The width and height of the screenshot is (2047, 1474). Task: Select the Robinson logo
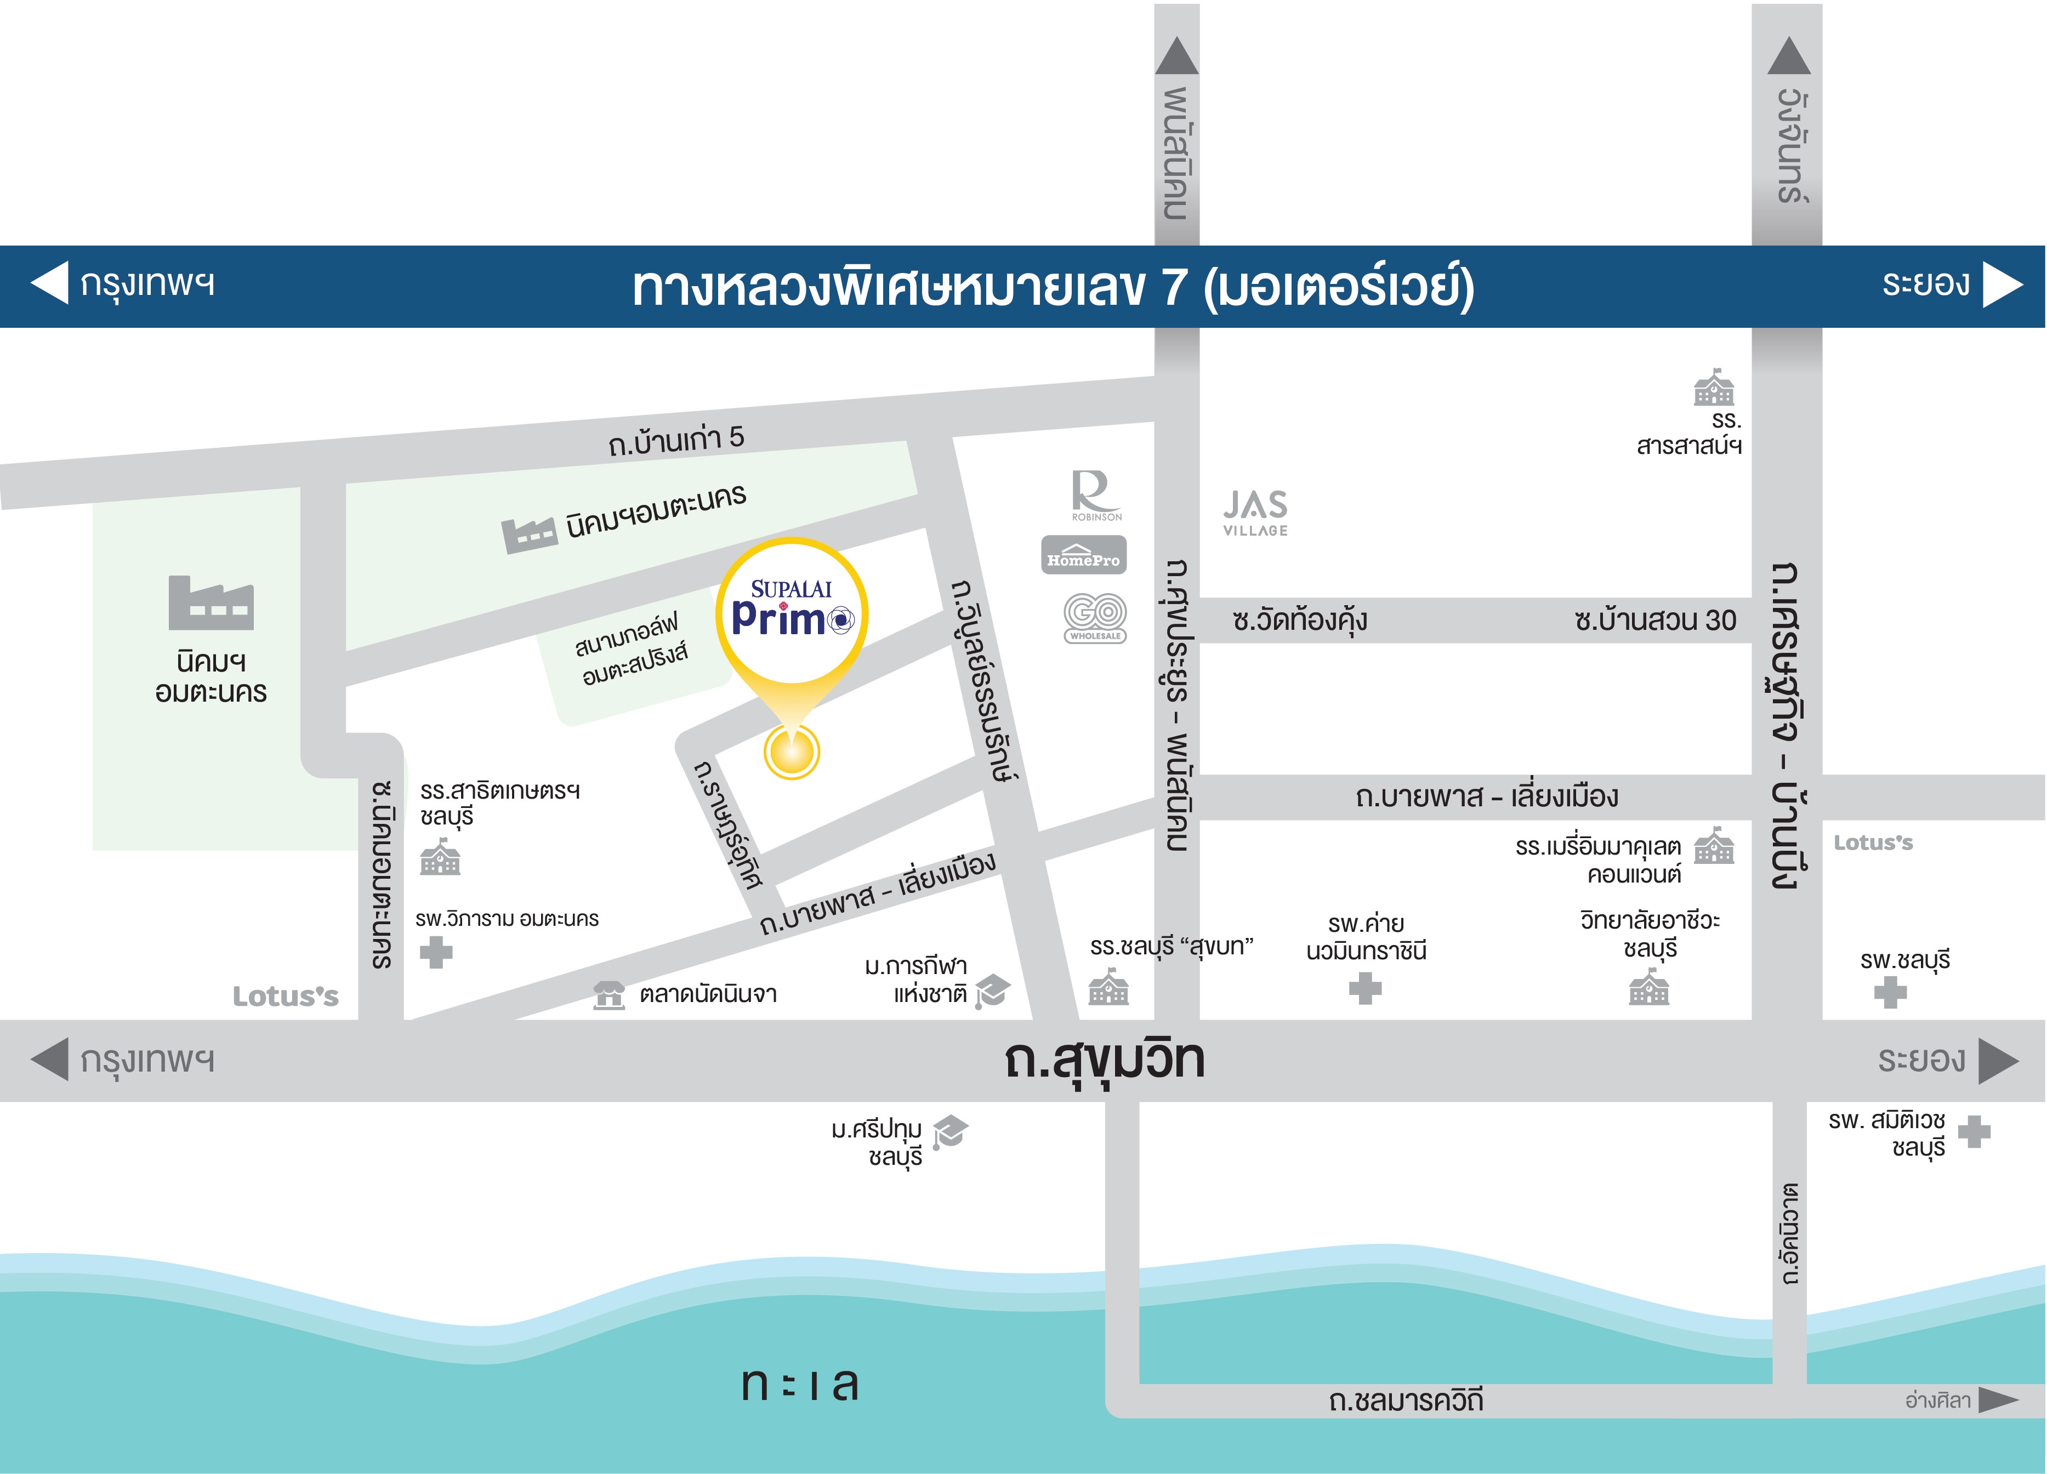click(1096, 494)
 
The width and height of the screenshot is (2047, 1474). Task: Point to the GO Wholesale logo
click(1095, 617)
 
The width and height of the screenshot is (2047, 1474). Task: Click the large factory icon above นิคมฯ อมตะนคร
click(211, 603)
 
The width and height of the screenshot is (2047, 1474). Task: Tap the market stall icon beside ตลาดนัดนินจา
click(609, 995)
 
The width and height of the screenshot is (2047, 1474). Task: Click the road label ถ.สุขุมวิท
click(1104, 1059)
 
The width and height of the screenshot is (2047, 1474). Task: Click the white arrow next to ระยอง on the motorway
click(2002, 284)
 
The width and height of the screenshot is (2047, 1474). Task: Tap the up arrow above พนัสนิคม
click(1177, 56)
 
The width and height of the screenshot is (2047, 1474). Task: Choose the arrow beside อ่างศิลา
click(1998, 1400)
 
